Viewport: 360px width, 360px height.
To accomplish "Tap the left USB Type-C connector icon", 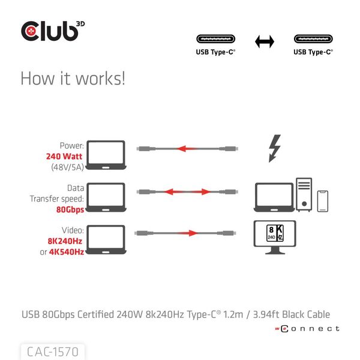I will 216,40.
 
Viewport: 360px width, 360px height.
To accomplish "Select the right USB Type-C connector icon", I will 313,40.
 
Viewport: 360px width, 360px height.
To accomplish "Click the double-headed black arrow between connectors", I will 265,41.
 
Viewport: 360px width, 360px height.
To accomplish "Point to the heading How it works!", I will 73,79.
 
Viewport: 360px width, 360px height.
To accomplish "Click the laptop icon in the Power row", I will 106,155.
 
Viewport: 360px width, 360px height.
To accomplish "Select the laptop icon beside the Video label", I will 106,239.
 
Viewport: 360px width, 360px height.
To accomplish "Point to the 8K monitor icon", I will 275,238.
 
